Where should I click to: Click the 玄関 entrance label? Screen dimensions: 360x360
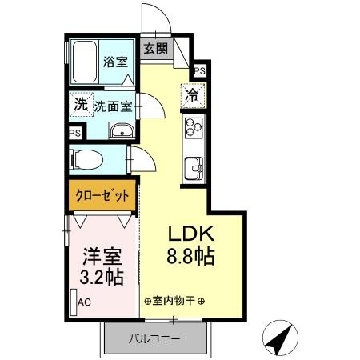155,48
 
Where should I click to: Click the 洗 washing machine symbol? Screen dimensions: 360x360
80,103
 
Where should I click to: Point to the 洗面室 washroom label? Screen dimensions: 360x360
113,105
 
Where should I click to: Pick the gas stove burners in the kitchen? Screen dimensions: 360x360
194,128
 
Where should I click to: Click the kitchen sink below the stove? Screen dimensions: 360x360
194,169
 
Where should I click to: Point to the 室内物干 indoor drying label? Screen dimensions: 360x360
174,301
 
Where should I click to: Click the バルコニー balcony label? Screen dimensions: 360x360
155,339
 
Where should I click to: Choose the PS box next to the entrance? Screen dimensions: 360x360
199,70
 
